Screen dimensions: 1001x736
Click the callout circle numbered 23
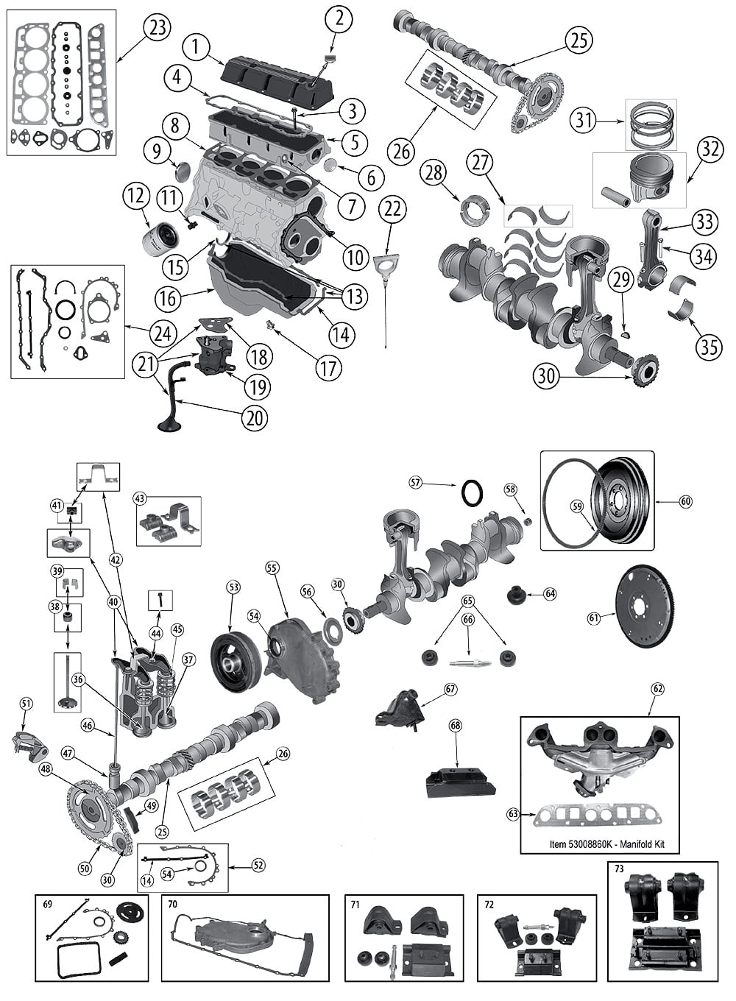(x=156, y=29)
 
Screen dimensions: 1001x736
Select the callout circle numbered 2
(x=339, y=19)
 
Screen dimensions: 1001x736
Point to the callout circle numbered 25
(x=579, y=40)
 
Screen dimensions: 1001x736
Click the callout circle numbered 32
(x=710, y=149)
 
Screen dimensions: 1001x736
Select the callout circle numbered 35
(x=709, y=346)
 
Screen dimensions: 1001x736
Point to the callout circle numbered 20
(x=254, y=417)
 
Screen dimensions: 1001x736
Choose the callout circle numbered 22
(x=393, y=209)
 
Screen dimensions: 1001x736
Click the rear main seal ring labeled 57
(x=473, y=492)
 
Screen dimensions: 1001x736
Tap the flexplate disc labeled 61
(x=646, y=605)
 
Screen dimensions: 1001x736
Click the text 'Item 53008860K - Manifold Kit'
(x=607, y=844)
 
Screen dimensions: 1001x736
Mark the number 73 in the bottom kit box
(x=619, y=869)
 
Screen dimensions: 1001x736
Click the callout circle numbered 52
(x=258, y=866)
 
